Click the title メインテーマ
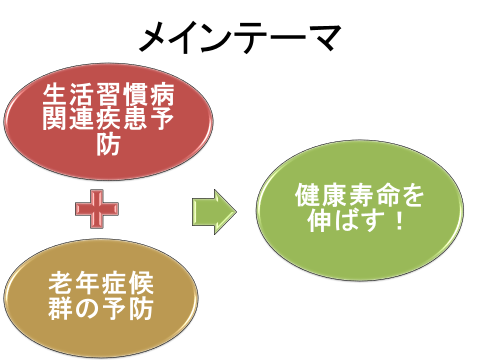tap(240, 37)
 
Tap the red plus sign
tap(96, 209)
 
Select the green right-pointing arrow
tap(214, 212)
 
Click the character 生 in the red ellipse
tap(54, 94)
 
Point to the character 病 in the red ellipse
tap(162, 94)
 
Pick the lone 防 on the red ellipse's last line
tap(108, 143)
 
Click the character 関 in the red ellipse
tap(54, 119)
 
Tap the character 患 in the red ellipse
tap(135, 119)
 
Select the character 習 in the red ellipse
tap(108, 94)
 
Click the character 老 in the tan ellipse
tap(60, 282)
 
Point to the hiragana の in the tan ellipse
tap(87, 308)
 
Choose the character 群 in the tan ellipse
tap(60, 308)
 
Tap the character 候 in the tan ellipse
tap(141, 282)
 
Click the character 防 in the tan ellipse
tap(141, 308)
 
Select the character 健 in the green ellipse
tap(307, 194)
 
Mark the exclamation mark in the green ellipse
tap(399, 219)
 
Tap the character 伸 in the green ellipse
tap(320, 219)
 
